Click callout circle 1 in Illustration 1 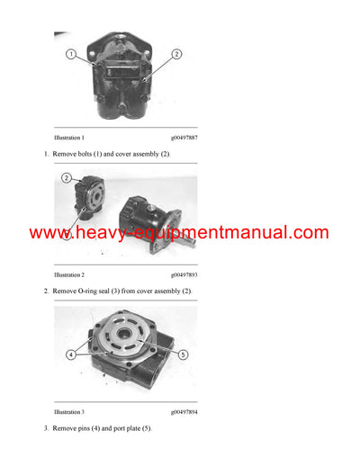coord(70,55)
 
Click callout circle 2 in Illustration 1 coord(176,55)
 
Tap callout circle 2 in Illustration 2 coord(67,178)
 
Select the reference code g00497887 coord(184,138)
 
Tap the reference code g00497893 coord(184,274)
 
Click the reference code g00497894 coord(184,411)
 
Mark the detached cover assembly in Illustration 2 coord(87,202)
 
